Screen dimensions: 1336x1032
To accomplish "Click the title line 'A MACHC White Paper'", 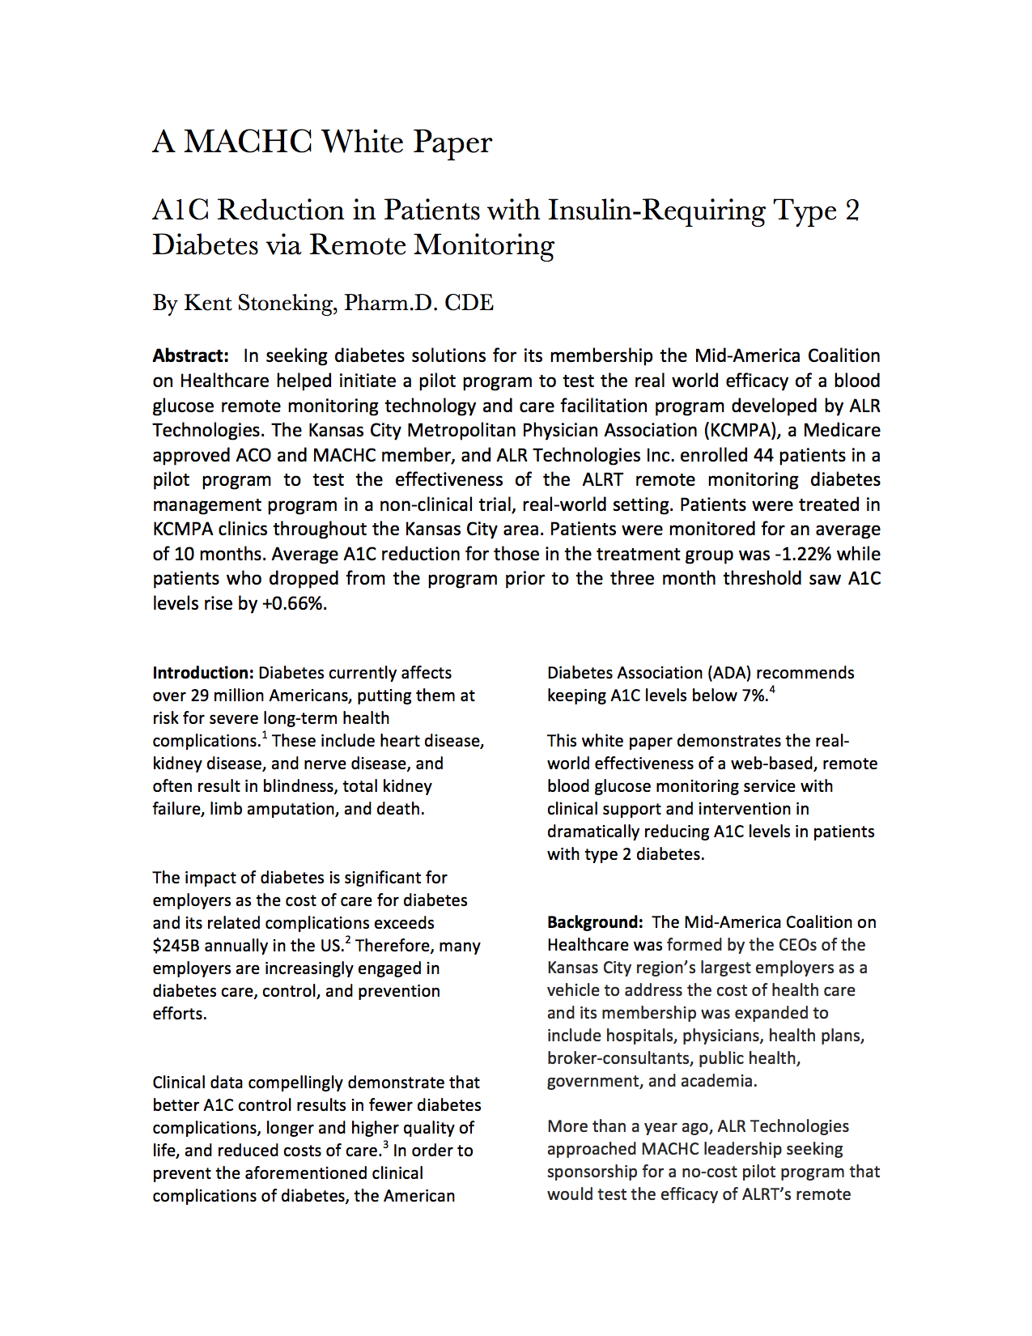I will (x=322, y=142).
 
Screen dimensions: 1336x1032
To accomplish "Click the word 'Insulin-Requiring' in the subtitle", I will (x=656, y=211).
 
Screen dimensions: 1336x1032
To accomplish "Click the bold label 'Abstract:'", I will (x=191, y=355).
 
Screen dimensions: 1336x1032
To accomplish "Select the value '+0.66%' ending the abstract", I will (x=294, y=603).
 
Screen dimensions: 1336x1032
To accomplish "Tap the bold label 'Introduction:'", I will (x=203, y=673).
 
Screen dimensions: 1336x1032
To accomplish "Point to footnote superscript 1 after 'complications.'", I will (x=265, y=735).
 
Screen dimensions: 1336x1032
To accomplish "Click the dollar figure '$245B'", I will (x=176, y=946).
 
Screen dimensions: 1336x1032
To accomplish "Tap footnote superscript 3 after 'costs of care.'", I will (x=385, y=1145).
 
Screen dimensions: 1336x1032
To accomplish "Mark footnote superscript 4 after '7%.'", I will (x=772, y=690).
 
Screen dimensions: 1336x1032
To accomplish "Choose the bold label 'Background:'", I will (x=595, y=922).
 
